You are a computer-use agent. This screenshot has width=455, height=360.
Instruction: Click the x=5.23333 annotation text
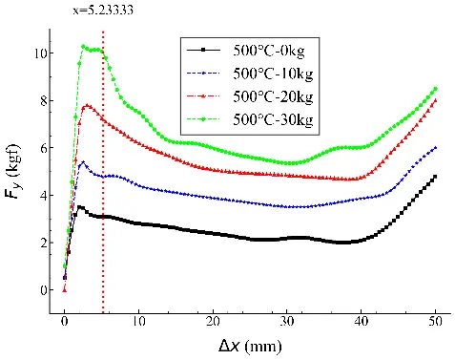click(x=103, y=11)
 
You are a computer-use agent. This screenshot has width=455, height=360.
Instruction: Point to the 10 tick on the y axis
click(x=41, y=53)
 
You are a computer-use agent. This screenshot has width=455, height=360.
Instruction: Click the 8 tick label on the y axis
click(x=43, y=100)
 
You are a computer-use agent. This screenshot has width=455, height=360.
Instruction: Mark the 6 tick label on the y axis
click(x=43, y=148)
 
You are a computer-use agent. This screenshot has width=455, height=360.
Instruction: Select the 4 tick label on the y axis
click(x=43, y=195)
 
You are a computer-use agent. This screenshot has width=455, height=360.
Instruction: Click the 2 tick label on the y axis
click(x=43, y=243)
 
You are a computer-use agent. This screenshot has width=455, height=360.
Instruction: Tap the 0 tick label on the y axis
click(x=43, y=290)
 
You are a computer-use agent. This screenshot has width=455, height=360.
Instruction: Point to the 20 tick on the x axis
click(x=213, y=322)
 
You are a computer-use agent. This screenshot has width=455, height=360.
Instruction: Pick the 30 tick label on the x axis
click(x=287, y=322)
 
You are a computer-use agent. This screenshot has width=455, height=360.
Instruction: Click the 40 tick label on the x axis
click(x=362, y=322)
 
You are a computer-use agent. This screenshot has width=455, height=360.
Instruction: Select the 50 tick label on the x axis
click(x=435, y=322)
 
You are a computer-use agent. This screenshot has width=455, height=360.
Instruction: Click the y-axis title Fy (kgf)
click(x=12, y=172)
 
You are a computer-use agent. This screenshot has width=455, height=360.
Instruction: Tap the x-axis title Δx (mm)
click(x=250, y=346)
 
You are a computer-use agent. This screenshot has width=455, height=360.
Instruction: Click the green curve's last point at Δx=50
click(x=436, y=89)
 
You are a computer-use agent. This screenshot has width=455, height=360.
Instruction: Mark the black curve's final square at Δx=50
click(x=435, y=177)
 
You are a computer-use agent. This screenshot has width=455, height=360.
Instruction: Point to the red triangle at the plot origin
click(x=65, y=290)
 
